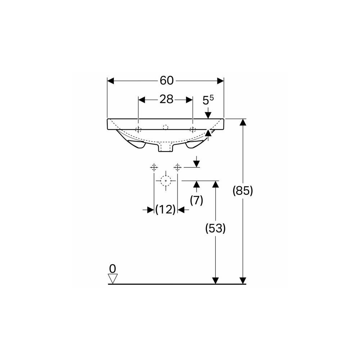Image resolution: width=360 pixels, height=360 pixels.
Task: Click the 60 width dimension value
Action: (x=167, y=81)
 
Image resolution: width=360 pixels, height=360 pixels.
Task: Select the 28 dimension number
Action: (x=166, y=99)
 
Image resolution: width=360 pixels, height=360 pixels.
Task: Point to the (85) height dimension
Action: (x=243, y=190)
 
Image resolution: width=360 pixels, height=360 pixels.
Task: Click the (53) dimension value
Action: (x=215, y=228)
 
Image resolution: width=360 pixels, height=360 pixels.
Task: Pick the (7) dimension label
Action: (x=197, y=200)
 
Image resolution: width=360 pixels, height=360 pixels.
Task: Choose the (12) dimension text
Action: (x=165, y=210)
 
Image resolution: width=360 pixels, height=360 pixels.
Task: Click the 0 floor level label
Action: (x=112, y=269)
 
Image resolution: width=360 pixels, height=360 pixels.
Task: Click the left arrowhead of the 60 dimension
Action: (x=111, y=81)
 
